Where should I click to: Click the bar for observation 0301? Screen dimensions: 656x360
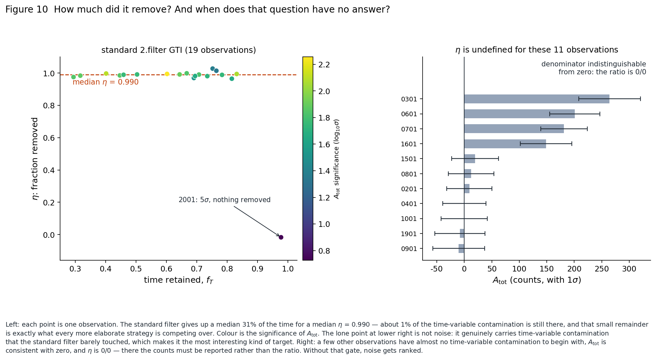coord(536,99)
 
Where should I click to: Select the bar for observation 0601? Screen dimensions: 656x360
coord(519,114)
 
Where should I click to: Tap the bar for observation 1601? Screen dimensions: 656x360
coord(505,144)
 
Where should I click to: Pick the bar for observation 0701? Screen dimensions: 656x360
coord(514,129)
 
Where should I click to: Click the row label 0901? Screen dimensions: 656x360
coord(409,249)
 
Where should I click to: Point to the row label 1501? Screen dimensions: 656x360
coord(409,159)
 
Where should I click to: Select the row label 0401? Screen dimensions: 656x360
coord(409,204)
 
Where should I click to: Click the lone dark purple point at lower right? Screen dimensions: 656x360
coord(281,237)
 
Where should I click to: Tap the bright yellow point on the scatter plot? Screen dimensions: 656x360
coord(167,74)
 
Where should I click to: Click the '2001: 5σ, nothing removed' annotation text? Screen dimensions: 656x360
coord(224,200)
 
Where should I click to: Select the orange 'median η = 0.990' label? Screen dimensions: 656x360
coord(106,82)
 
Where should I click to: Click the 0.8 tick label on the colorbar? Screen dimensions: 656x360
coord(322,251)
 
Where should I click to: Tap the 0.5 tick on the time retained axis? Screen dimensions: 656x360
coord(136,269)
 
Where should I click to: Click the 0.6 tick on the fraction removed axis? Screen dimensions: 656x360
coord(49,138)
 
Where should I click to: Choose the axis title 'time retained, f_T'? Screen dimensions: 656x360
coord(179,280)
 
